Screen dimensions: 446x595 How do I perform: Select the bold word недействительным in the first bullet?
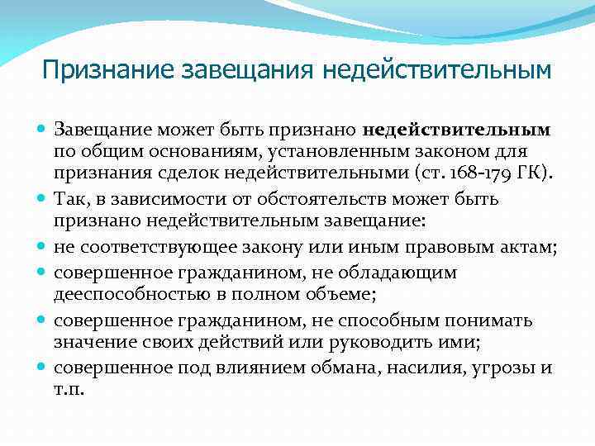tap(456, 130)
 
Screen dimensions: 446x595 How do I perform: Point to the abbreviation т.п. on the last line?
tap(69, 389)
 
